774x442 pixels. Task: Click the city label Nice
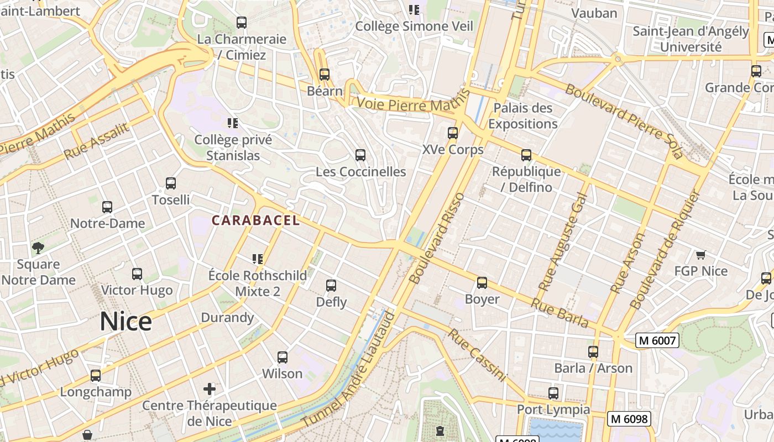point(126,322)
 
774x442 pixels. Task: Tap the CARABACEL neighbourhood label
point(255,220)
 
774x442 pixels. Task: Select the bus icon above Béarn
point(325,74)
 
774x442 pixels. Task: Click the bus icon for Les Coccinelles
point(360,155)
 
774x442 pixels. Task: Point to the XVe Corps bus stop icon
point(453,133)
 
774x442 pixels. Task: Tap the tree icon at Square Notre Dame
point(38,248)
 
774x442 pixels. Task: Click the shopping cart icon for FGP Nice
point(701,255)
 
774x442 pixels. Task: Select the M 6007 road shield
point(657,340)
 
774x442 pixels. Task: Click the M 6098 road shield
point(629,419)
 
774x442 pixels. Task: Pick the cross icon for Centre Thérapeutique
point(210,388)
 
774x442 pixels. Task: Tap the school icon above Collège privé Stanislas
point(233,123)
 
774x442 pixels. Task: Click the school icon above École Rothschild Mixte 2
point(257,259)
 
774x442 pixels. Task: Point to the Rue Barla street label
point(559,313)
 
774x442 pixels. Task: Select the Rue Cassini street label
point(477,355)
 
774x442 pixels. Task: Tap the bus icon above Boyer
point(482,283)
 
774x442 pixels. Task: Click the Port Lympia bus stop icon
point(553,393)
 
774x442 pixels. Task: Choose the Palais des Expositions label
point(522,115)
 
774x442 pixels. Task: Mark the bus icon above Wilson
point(283,357)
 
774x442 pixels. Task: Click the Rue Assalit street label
point(96,141)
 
